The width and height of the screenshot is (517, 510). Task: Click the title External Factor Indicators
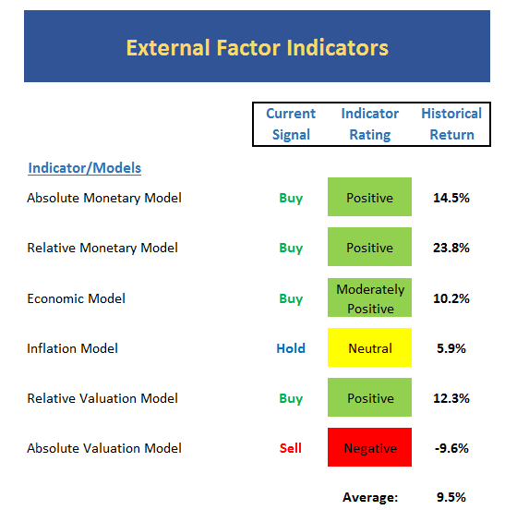[x=258, y=48]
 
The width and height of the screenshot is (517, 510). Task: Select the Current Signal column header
[x=291, y=124]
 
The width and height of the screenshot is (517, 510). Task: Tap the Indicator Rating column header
[x=370, y=124]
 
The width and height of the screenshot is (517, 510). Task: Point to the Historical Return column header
[x=451, y=124]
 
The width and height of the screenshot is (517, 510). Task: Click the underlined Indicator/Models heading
[x=85, y=168]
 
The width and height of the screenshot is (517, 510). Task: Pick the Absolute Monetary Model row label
[x=104, y=198]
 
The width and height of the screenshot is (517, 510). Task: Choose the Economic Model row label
[x=76, y=298]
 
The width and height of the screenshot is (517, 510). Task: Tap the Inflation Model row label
[x=72, y=348]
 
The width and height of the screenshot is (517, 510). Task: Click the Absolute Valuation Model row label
[x=104, y=448]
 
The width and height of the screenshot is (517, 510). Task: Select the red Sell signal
[x=291, y=448]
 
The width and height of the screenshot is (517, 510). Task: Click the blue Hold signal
[x=291, y=348]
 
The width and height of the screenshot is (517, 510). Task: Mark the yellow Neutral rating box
[x=369, y=347]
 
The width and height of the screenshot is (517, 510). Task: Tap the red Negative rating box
[x=369, y=447]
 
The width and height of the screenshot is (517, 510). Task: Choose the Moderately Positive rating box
[x=369, y=297]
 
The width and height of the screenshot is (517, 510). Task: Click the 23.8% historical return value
[x=451, y=248]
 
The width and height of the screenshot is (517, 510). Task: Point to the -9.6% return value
[x=451, y=448]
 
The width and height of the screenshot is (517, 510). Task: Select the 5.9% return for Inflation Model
[x=451, y=348]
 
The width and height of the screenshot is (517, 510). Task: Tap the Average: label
[x=370, y=497]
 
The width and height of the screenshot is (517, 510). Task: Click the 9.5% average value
[x=451, y=497]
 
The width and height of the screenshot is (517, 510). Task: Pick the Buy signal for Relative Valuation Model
[x=291, y=398]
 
